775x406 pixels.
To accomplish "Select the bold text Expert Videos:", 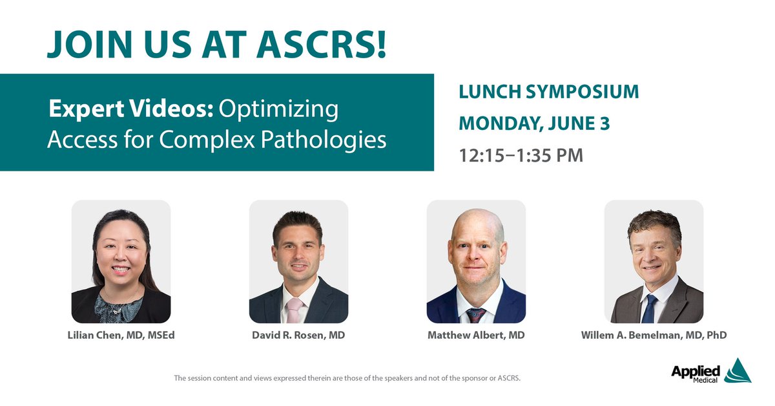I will click(x=131, y=109).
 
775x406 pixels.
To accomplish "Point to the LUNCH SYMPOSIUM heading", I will click(x=548, y=92).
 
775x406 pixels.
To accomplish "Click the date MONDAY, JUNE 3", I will click(x=534, y=123).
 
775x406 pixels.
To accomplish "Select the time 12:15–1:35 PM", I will click(x=521, y=155).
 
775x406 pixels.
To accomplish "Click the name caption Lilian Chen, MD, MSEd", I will click(x=121, y=336).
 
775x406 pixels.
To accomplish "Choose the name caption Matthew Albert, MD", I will click(x=476, y=336).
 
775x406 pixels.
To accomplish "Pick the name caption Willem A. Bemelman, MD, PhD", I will click(x=654, y=336).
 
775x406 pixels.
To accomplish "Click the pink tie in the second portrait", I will click(x=294, y=311).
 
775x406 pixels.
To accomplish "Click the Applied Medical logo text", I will click(x=695, y=373).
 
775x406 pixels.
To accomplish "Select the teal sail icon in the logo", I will click(x=737, y=371).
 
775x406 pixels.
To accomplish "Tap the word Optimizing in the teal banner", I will click(x=278, y=109).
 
